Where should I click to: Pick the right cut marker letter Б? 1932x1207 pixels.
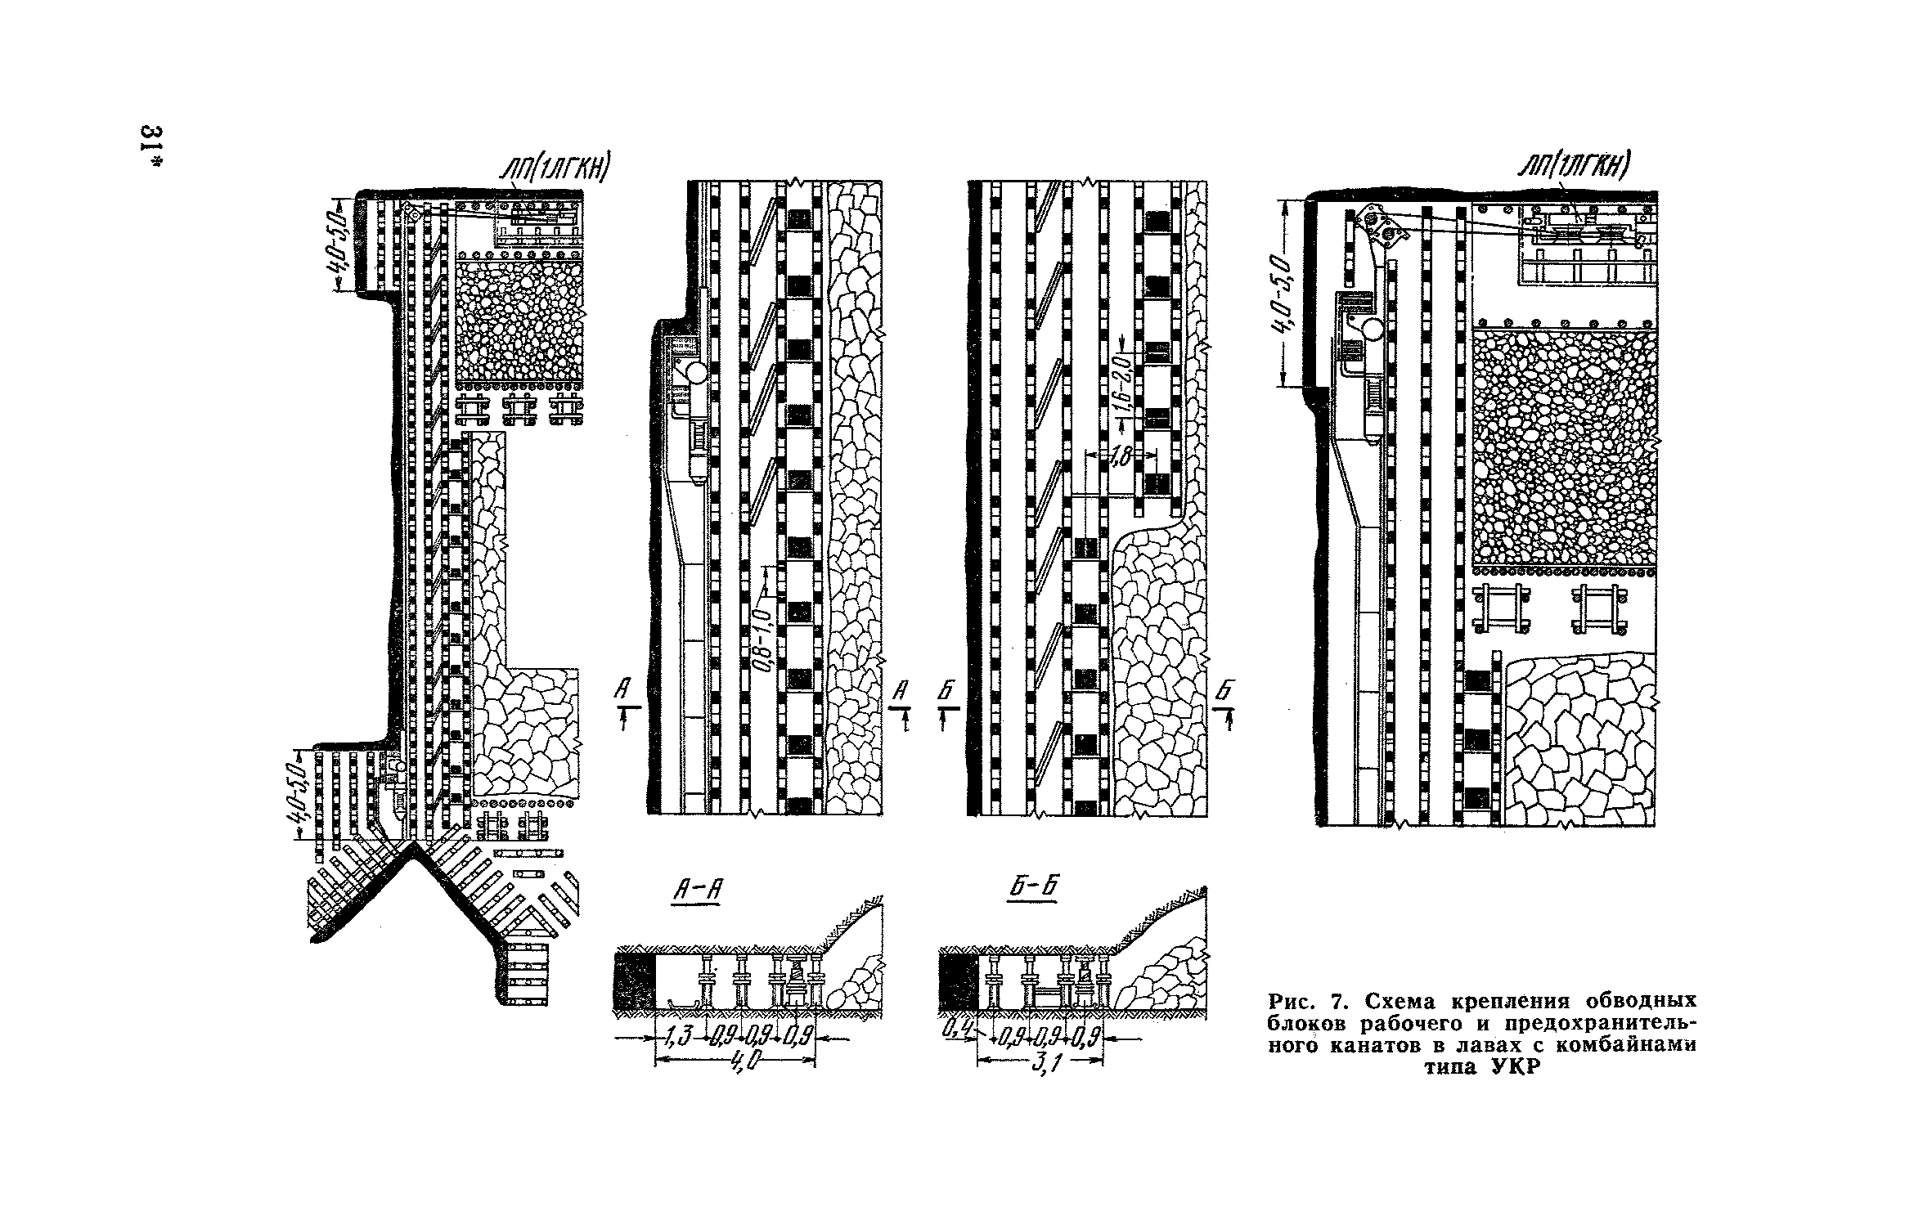(x=1224, y=693)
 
